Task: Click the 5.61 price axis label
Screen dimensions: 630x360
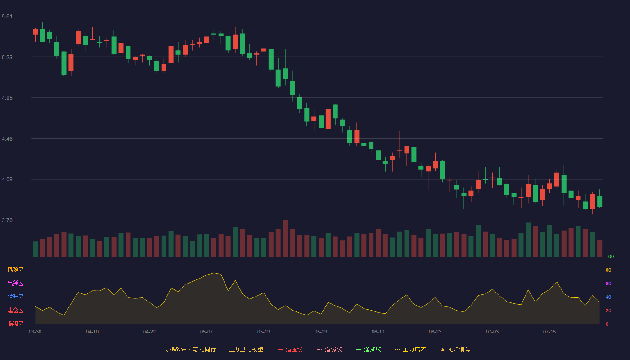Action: tap(7, 17)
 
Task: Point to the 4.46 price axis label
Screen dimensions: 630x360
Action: tap(7, 139)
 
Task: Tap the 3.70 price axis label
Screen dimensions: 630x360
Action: tap(7, 220)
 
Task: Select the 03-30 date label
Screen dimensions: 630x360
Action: tap(35, 332)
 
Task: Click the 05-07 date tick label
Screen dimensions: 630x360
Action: tap(207, 332)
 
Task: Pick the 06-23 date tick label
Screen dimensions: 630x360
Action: tap(435, 332)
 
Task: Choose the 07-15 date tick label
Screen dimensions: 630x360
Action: tap(549, 332)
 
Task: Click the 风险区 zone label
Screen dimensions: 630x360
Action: tap(15, 270)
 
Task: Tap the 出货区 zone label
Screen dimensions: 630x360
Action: tap(15, 283)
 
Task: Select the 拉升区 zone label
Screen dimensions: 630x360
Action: tap(15, 297)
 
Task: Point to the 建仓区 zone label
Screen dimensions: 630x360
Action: tap(15, 310)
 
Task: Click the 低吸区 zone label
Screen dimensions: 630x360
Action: tap(15, 324)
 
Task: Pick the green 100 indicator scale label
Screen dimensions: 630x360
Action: tap(610, 256)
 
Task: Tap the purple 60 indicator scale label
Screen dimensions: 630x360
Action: tap(608, 283)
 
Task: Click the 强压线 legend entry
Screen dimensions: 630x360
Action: tap(290, 349)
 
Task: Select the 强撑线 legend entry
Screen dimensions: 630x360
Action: tap(369, 349)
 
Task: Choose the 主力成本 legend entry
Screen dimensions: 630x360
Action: tap(410, 349)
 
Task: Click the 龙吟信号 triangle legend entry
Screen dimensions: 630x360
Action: tap(455, 349)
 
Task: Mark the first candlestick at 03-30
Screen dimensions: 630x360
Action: tap(35, 32)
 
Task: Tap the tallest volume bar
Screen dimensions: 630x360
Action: tap(285, 238)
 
